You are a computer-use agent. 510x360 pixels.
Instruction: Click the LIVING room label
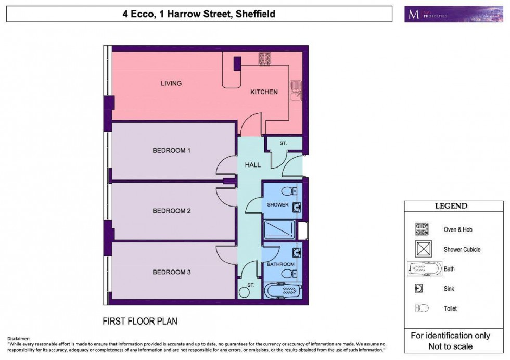coord(171,83)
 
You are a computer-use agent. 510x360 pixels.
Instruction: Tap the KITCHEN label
coord(264,92)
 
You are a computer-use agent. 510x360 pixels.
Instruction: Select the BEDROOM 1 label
coord(172,151)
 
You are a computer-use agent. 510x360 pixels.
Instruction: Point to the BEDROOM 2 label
coord(172,211)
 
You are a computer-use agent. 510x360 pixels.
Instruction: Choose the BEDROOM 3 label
coord(172,272)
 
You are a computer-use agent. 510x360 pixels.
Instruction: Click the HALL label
coord(253,165)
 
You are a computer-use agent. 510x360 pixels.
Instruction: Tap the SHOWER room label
coord(277,205)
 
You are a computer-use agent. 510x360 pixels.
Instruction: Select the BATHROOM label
coord(281,264)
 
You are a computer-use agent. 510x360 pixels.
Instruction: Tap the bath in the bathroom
coord(283,289)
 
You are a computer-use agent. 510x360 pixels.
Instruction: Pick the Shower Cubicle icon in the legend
coord(424,249)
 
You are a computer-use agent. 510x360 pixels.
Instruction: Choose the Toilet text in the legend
coord(451,308)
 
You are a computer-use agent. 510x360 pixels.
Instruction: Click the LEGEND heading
coord(451,207)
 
